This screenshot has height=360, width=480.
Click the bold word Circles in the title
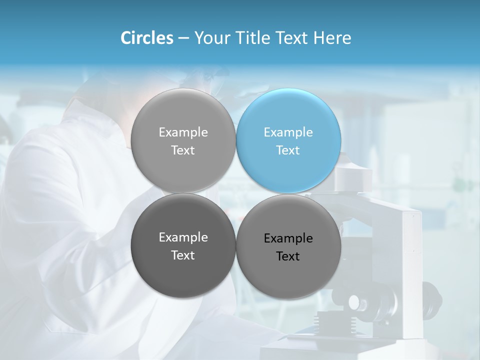[x=146, y=38]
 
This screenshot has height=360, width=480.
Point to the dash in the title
[x=183, y=38]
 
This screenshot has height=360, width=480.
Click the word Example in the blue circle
[x=288, y=132]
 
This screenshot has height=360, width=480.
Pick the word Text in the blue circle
[x=288, y=150]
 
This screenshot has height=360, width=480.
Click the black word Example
[x=288, y=238]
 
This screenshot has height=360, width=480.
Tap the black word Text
[x=288, y=256]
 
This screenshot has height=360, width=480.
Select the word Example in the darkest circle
[x=183, y=237]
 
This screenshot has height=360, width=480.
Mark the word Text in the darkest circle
[x=183, y=255]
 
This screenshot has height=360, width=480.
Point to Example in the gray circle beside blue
[x=183, y=132]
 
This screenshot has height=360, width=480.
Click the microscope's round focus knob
[x=354, y=302]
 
